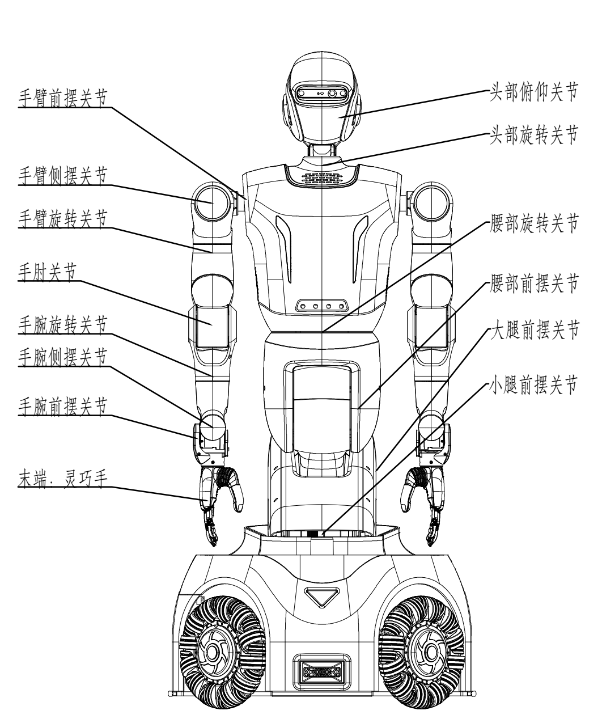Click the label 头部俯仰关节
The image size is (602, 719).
533,91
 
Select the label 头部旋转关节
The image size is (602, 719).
533,136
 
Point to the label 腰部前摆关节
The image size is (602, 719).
533,282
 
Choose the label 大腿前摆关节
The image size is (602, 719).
533,331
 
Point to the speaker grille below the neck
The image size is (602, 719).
321,178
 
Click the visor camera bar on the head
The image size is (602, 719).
321,95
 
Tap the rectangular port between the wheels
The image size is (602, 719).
320,671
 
